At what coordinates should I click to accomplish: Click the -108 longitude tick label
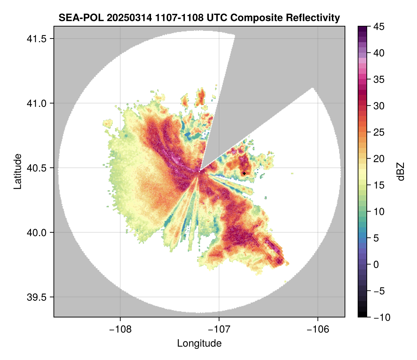coord(120,329)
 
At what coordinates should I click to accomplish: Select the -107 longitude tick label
coord(219,329)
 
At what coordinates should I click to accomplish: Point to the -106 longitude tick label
coord(318,329)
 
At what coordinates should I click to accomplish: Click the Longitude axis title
coord(199,343)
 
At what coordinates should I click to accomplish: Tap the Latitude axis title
coord(17,171)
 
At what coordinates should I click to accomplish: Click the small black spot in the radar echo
coord(244,173)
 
